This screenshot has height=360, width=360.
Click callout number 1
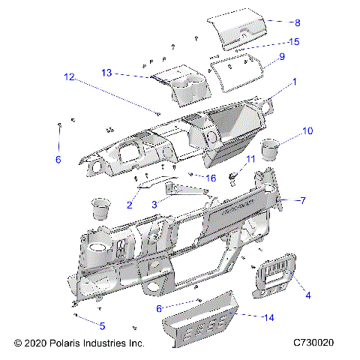(294, 81)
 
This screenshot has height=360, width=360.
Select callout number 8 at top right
(276, 23)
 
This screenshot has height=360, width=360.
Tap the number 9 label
(281, 57)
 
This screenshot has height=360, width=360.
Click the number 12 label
(69, 76)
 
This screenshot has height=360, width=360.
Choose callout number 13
(106, 72)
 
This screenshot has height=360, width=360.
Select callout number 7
(304, 200)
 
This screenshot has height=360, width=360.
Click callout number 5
(102, 325)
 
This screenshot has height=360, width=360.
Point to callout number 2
(129, 204)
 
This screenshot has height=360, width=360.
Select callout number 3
(154, 204)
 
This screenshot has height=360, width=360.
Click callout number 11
(250, 158)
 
